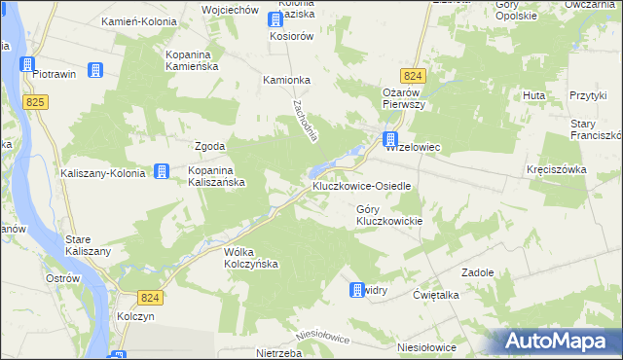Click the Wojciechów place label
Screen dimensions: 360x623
click(227, 9)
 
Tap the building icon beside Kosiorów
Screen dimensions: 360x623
click(275, 36)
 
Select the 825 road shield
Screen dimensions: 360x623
click(38, 100)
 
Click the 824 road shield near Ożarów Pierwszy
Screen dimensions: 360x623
click(413, 75)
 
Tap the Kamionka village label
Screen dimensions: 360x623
click(286, 81)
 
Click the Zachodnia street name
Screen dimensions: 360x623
click(304, 121)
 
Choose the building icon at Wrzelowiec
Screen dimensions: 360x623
click(390, 139)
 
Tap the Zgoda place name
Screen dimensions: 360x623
click(210, 146)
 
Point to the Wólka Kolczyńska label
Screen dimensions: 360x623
click(251, 257)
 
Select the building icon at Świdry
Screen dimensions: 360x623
click(356, 289)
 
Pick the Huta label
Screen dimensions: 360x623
click(532, 95)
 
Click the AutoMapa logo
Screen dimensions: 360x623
click(559, 341)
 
